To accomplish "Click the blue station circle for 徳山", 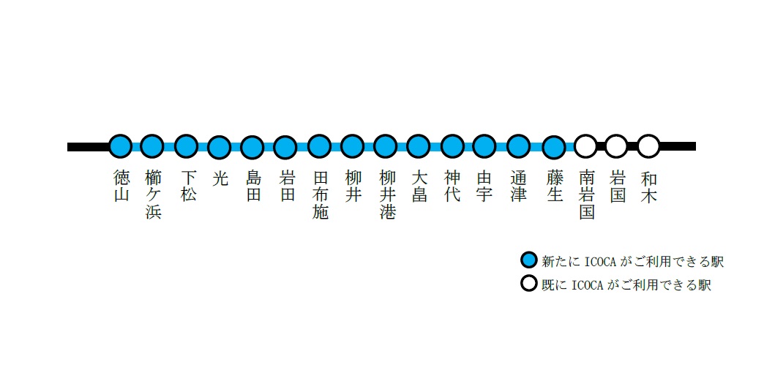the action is click(x=120, y=146).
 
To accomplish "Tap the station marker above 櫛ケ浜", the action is click(x=152, y=146).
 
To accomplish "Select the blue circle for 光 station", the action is click(x=219, y=147).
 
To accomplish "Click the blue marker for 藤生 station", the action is click(x=555, y=147).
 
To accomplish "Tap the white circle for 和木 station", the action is click(x=648, y=146).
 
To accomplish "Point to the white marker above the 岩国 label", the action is click(x=616, y=146).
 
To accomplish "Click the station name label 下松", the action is click(x=188, y=186).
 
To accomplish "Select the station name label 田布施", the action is click(x=320, y=195).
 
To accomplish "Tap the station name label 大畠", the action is click(x=419, y=186).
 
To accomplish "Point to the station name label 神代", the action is click(x=453, y=186).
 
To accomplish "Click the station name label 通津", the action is click(x=519, y=186).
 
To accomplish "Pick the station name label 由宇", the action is click(x=484, y=186).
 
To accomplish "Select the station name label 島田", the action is click(x=253, y=186).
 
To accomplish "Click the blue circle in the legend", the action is click(x=528, y=260).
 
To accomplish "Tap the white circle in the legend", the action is click(x=528, y=284).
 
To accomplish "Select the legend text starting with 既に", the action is click(x=626, y=284).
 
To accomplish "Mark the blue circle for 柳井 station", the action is click(x=353, y=146).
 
